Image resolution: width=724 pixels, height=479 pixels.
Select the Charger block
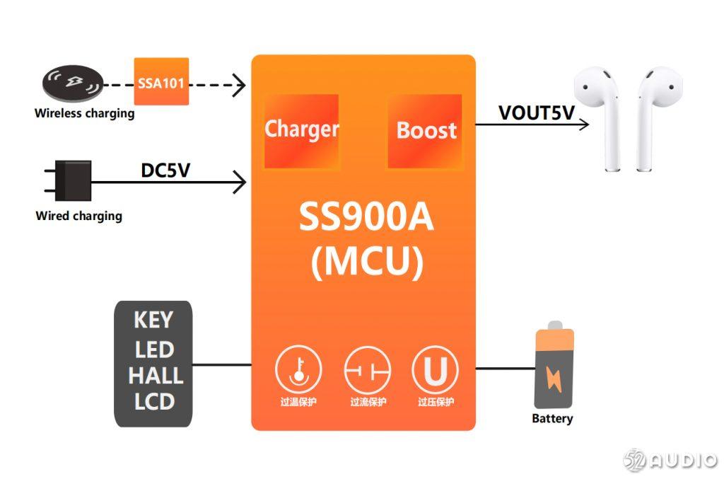[301, 131]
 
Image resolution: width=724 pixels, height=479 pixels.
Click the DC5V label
[165, 171]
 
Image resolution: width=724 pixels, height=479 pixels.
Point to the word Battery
[552, 419]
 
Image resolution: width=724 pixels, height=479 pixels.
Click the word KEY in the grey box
[153, 321]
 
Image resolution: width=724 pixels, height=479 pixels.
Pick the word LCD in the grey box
[154, 402]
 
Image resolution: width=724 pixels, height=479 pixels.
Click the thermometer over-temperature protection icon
[298, 369]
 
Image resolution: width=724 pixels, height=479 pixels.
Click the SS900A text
[366, 219]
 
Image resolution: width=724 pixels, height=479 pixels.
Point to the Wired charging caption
[78, 217]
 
